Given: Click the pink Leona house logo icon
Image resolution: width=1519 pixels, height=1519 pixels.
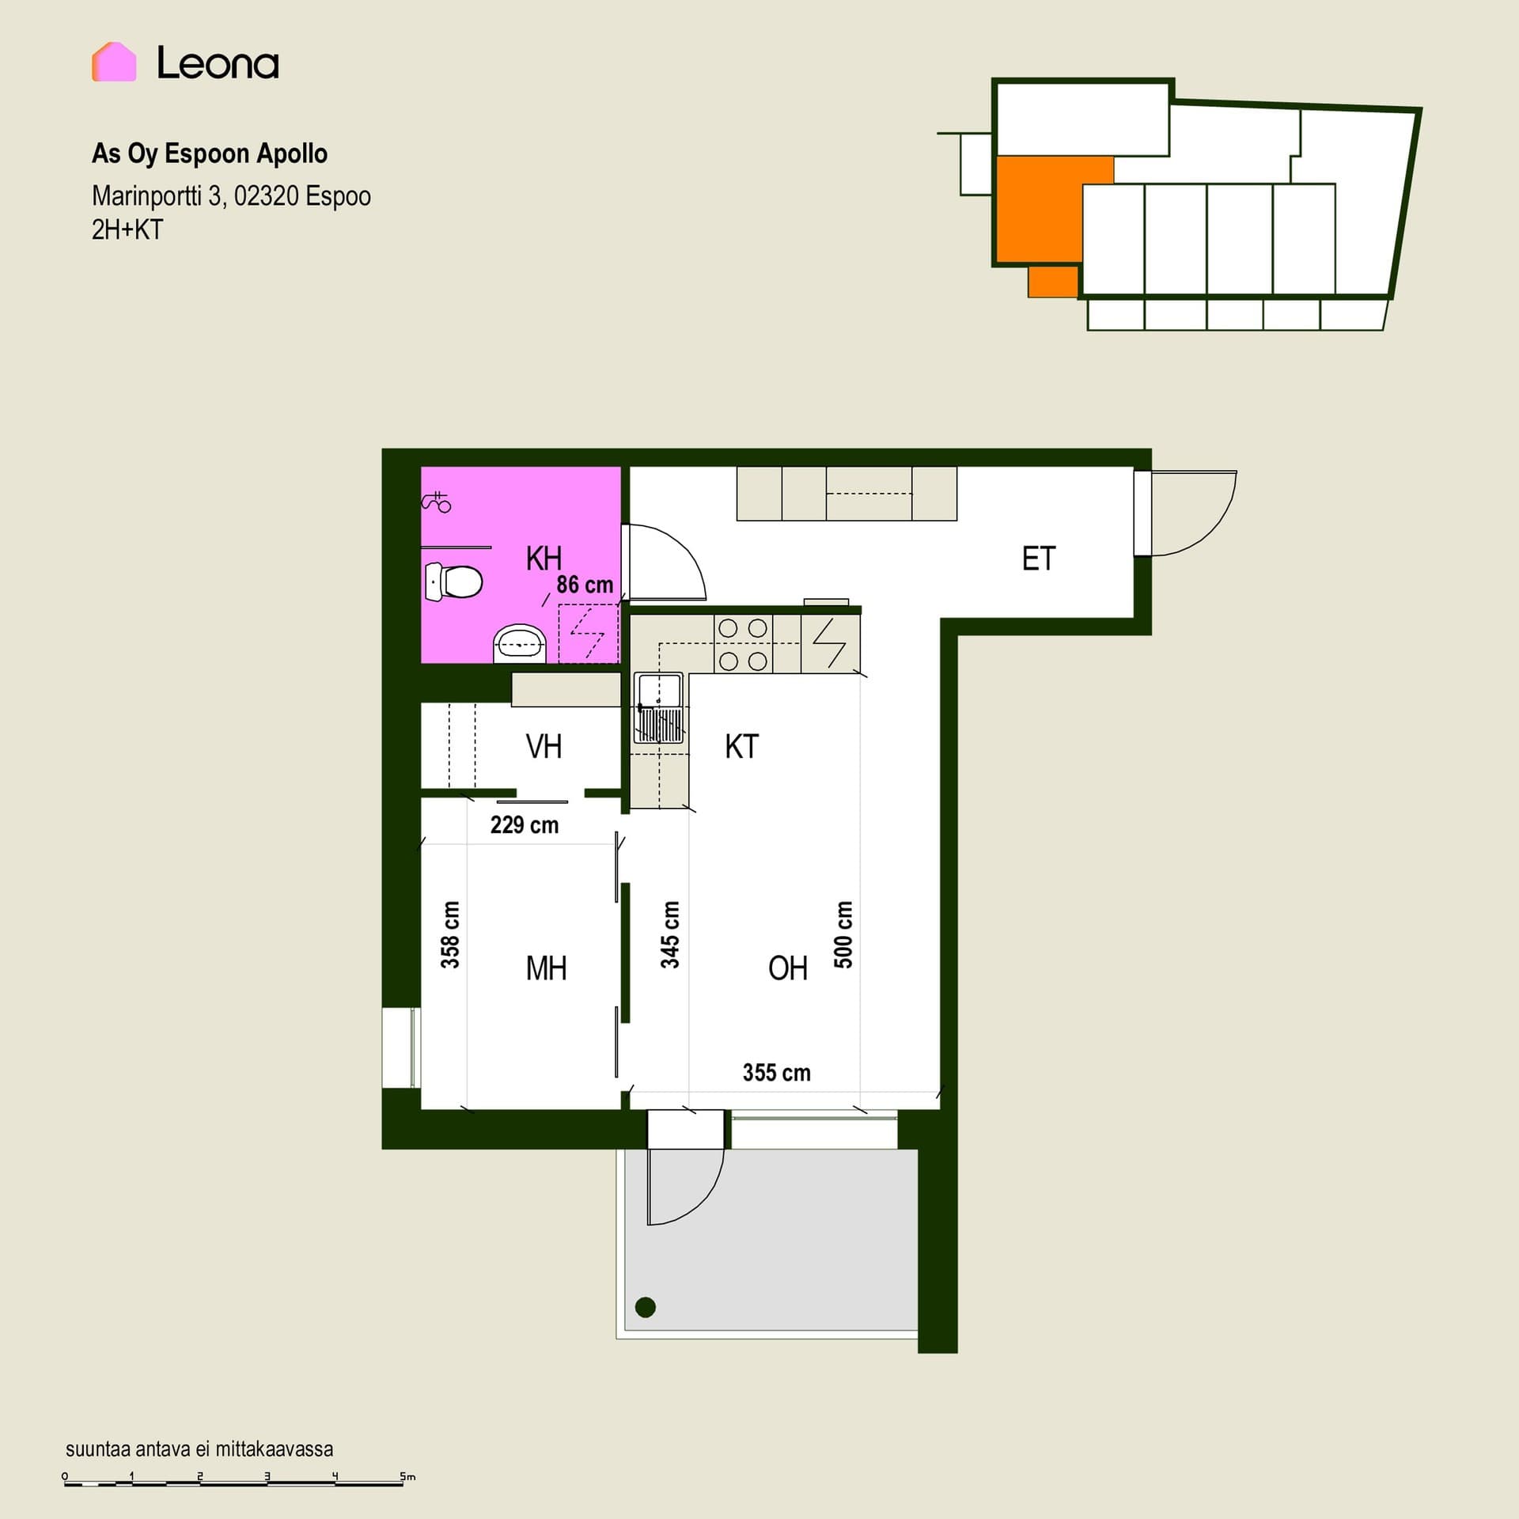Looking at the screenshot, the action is (x=114, y=62).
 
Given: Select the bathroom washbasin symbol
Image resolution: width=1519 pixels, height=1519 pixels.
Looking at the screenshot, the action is (x=520, y=644).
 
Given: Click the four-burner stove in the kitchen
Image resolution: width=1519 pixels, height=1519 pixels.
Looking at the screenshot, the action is (x=743, y=645).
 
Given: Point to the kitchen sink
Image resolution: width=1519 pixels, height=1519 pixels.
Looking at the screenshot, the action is (x=658, y=708).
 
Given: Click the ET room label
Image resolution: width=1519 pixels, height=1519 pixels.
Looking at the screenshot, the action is (x=1039, y=559).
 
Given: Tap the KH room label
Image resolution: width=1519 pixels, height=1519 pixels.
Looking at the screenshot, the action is (x=544, y=559).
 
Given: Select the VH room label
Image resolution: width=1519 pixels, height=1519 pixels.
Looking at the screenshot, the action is (x=544, y=747).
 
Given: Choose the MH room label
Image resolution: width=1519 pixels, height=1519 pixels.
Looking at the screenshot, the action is (x=546, y=968).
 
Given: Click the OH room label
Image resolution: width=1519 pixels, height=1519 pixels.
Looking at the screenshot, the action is (x=788, y=968).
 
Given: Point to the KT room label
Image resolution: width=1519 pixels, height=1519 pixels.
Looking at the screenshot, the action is (x=741, y=747).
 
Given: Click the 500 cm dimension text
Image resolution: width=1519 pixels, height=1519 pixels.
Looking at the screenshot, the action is (x=843, y=934).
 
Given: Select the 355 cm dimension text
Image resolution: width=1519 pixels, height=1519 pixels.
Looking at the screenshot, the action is (x=776, y=1073).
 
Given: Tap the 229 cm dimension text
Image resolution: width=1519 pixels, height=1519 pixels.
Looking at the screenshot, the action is (x=524, y=825).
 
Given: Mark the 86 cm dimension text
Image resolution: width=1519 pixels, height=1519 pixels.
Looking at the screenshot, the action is (x=585, y=585).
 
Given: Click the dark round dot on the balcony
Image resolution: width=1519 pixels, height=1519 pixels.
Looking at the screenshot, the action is (x=646, y=1307).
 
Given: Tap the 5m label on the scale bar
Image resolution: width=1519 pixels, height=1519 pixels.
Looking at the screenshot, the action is (x=407, y=1476).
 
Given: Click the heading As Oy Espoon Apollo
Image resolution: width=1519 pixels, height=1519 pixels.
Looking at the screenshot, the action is (x=210, y=153).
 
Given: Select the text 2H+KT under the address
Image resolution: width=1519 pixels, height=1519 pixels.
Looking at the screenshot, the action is (x=127, y=229).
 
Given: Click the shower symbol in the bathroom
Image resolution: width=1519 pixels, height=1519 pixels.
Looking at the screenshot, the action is (x=437, y=501).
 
